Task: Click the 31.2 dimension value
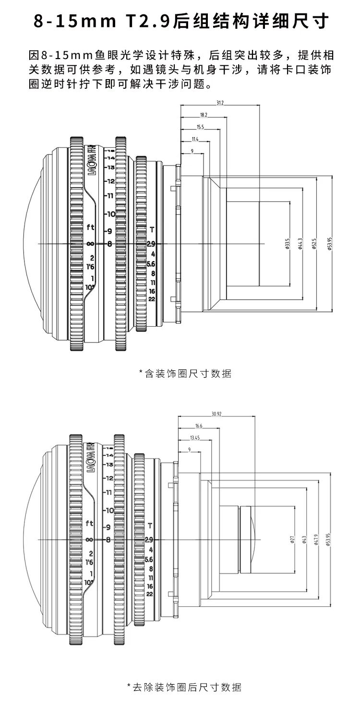click(x=220, y=103)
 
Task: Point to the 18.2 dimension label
click(x=203, y=115)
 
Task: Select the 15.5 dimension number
click(x=200, y=127)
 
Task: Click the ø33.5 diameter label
click(x=287, y=244)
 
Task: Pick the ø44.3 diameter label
click(x=300, y=244)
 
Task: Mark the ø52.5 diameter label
click(x=314, y=244)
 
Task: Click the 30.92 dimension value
click(x=216, y=414)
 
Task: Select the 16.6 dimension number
click(x=199, y=426)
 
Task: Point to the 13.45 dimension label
click(x=195, y=438)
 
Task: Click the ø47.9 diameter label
click(x=316, y=540)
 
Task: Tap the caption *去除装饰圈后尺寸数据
click(x=184, y=687)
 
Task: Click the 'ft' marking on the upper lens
click(x=90, y=227)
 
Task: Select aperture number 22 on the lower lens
click(x=150, y=594)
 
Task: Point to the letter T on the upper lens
click(x=152, y=229)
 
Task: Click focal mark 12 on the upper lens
click(x=110, y=181)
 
